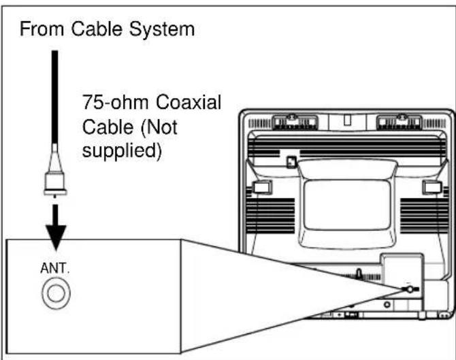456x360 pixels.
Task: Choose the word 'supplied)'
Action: (x=123, y=150)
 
